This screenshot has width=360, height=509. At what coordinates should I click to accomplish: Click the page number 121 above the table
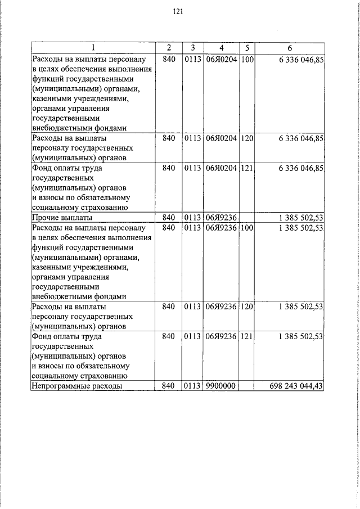178,11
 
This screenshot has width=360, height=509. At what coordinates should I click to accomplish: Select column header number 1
93,47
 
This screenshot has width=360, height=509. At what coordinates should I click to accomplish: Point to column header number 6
290,47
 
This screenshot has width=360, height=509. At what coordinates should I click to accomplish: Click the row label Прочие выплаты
62,217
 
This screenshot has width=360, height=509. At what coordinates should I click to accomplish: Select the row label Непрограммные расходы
78,386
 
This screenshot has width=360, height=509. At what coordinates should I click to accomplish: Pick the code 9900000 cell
220,386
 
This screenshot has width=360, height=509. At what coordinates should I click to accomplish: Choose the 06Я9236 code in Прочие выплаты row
221,217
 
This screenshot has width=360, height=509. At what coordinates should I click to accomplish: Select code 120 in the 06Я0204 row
247,138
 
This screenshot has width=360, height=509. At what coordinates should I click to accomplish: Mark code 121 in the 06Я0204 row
247,168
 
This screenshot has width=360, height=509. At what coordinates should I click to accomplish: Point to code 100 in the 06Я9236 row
247,228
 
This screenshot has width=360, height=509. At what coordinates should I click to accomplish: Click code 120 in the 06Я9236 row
247,307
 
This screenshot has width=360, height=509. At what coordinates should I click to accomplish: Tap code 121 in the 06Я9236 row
247,337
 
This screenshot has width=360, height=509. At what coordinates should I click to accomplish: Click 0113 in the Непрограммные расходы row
192,386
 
